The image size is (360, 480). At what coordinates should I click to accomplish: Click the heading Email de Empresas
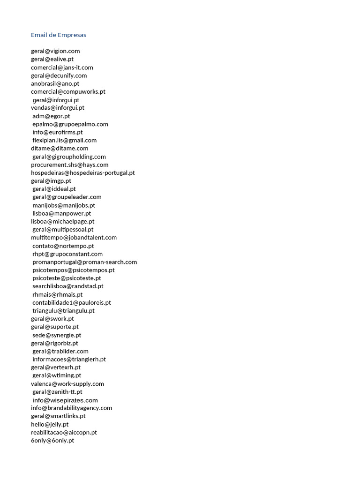[59, 35]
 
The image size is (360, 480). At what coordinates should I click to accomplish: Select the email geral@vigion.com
[55, 51]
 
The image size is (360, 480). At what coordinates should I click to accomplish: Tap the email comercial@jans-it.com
[62, 67]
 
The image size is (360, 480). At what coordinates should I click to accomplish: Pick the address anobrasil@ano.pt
[55, 83]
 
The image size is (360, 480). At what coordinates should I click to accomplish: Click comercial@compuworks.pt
[68, 92]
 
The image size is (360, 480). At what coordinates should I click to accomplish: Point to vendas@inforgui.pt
[58, 108]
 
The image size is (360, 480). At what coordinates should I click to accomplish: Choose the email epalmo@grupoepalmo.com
[70, 124]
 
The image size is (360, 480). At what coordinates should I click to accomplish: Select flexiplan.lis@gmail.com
[65, 140]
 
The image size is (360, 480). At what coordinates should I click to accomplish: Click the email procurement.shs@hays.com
[69, 165]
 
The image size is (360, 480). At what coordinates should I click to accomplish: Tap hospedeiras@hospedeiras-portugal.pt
[83, 173]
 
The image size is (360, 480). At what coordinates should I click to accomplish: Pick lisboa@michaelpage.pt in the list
[63, 221]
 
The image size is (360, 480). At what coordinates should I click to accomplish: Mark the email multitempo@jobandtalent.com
[74, 238]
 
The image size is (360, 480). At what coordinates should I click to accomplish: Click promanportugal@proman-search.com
[85, 262]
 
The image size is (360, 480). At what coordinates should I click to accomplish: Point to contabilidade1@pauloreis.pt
[72, 302]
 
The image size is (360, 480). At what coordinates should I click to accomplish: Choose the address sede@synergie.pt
[57, 335]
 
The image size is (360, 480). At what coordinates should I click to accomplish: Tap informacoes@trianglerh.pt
[69, 360]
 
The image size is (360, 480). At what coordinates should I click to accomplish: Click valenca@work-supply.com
[67, 384]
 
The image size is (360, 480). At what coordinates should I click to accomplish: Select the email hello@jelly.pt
[50, 424]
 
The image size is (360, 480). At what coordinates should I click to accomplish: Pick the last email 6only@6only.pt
[52, 441]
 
